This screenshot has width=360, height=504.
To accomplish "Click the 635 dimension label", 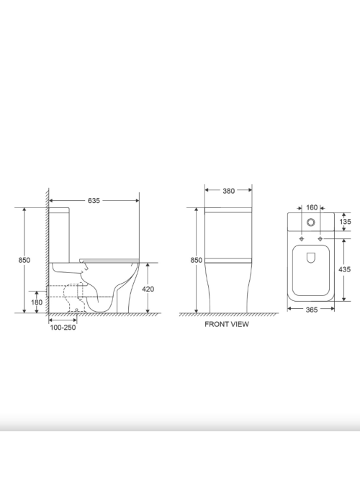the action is [94, 201].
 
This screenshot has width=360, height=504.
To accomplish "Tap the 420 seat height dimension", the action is [148, 289].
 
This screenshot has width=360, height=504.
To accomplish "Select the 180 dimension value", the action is [37, 302].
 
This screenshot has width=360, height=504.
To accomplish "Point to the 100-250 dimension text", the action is [63, 328].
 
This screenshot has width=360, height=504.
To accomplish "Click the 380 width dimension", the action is [228, 191].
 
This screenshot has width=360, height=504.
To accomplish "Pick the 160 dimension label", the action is [312, 207].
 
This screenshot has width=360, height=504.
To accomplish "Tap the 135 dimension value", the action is [345, 222].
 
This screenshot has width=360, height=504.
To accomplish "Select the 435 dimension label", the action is [345, 269].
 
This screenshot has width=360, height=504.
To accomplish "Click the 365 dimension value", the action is [312, 310].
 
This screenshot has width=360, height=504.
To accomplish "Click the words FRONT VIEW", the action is [227, 324].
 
